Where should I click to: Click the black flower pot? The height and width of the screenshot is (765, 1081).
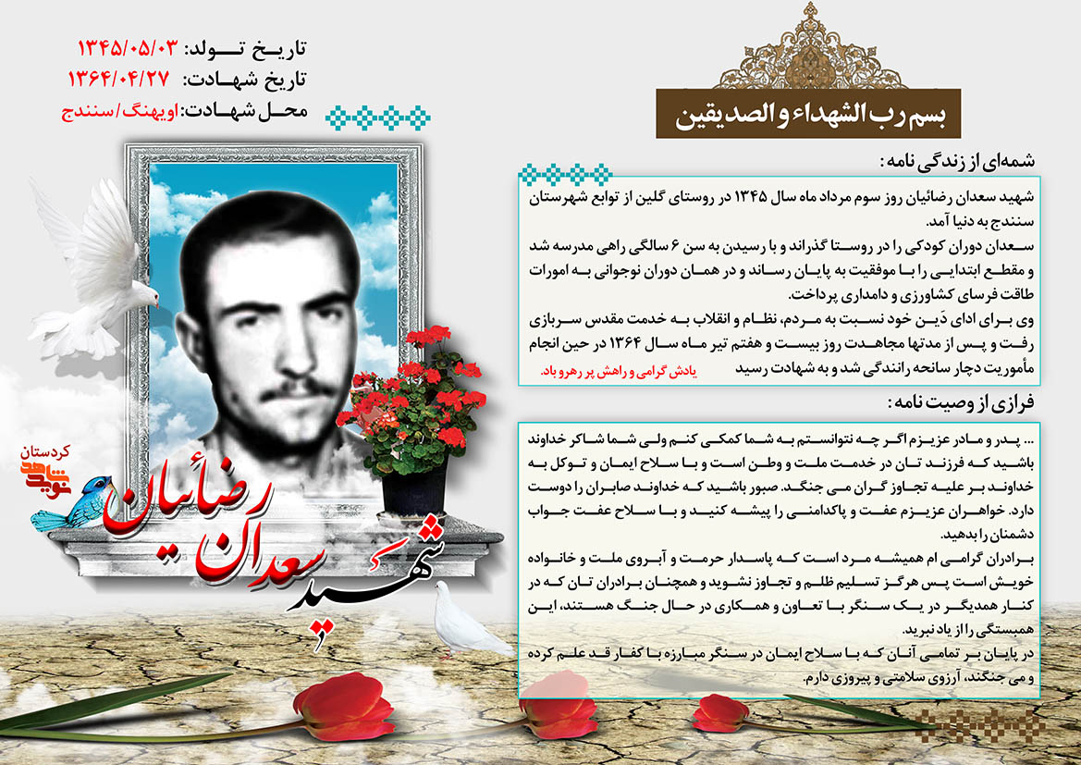pyautogui.click(x=414, y=485)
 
